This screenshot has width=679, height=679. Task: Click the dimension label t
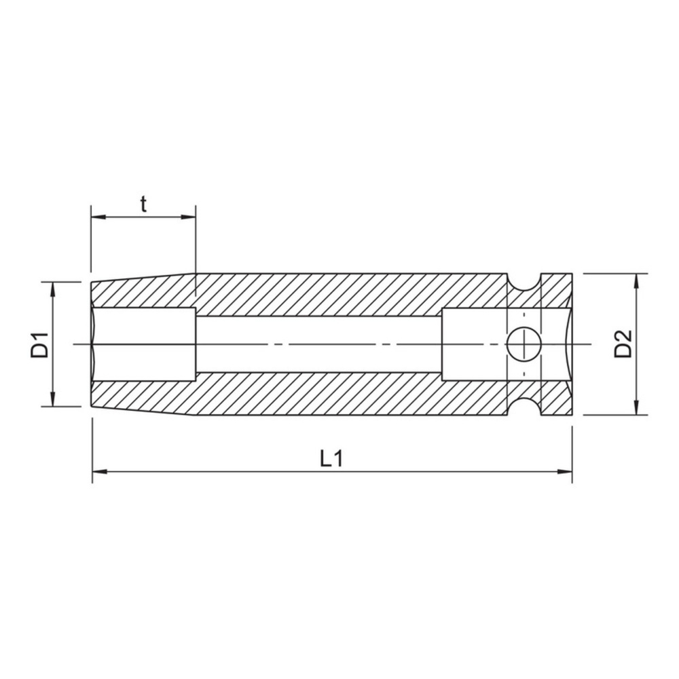tap(143, 204)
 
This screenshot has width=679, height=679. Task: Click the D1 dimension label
tap(39, 344)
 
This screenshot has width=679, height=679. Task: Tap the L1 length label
tap(331, 458)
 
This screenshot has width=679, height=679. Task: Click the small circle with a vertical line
tap(524, 344)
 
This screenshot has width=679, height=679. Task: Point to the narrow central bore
tap(319, 344)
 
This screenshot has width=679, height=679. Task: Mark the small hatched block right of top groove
tap(557, 289)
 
